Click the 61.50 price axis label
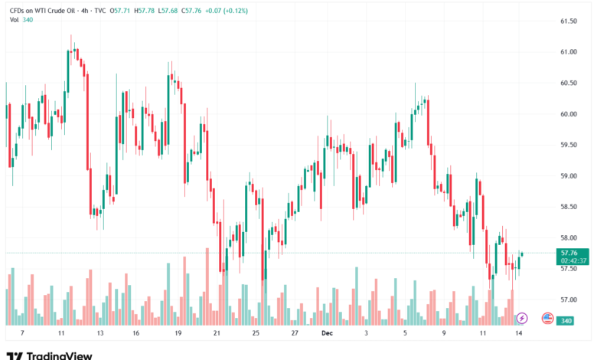click(568, 21)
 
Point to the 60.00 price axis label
click(568, 114)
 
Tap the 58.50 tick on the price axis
click(568, 207)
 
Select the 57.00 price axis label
click(568, 299)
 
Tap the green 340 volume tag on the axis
click(567, 320)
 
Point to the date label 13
click(100, 334)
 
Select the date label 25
click(256, 334)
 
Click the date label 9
click(443, 334)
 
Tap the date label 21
click(217, 334)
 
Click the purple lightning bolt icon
click(522, 317)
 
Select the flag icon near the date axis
click(547, 317)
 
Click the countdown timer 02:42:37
click(573, 260)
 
